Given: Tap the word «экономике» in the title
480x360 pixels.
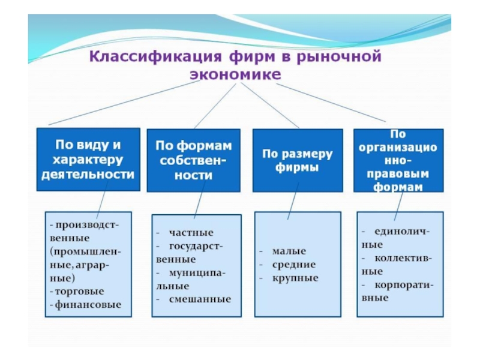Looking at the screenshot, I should [x=235, y=75].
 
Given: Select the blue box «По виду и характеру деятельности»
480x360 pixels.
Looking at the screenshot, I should [x=88, y=160].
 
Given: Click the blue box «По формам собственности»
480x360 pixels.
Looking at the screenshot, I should [x=193, y=160].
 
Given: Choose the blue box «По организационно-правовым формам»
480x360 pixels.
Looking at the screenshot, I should [x=398, y=160].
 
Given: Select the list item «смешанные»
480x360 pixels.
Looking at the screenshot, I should [x=200, y=299].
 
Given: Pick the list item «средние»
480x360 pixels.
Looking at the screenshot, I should [x=293, y=265].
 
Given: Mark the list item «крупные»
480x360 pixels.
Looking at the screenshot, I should [x=295, y=278].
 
